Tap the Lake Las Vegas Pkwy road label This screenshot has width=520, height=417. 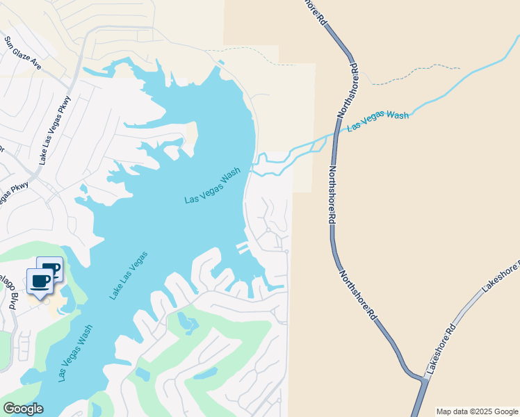(x=56, y=129)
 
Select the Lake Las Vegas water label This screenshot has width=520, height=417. (x=128, y=275)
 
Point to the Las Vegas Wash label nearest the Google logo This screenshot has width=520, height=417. (x=75, y=355)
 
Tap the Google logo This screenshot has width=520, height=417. (x=23, y=408)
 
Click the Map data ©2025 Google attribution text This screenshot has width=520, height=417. (x=477, y=411)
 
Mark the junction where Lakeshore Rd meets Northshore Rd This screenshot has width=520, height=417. (x=423, y=379)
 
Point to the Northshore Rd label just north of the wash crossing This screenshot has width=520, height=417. (x=346, y=90)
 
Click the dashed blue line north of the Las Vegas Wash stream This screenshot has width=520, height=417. (x=417, y=72)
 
